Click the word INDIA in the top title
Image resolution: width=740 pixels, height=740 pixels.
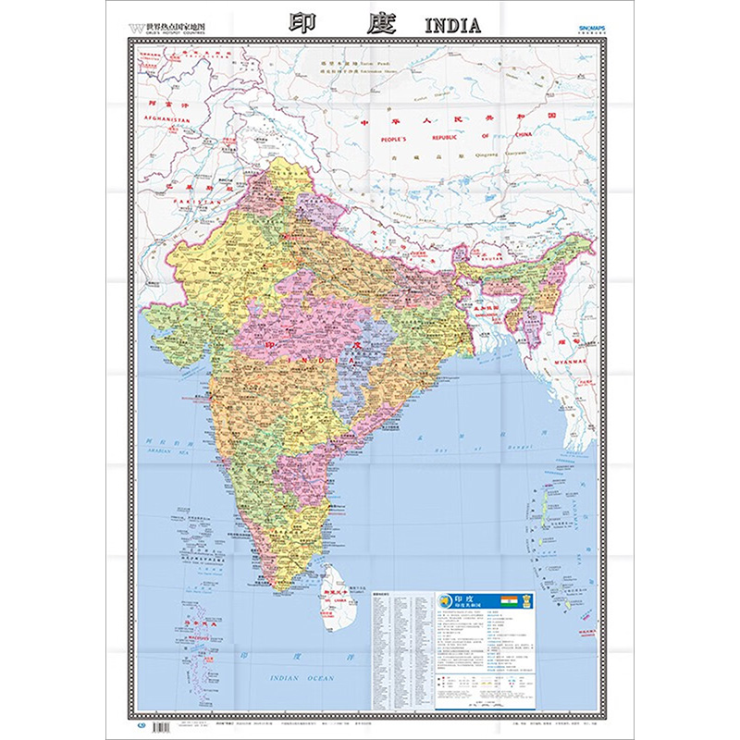pos(452,25)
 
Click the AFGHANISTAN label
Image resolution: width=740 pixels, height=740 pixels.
pos(159,120)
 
